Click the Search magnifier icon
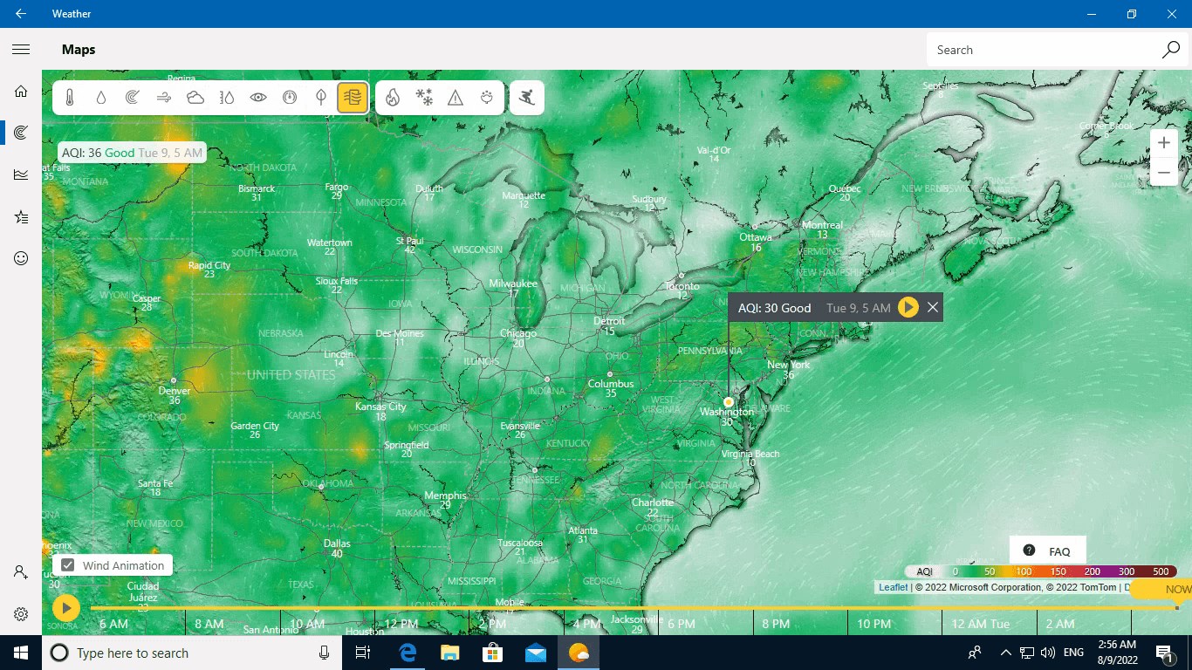[1171, 50]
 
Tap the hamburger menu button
[21, 50]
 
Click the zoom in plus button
[1163, 143]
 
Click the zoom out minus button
[1163, 173]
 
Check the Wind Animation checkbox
[68, 565]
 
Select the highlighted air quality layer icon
[353, 98]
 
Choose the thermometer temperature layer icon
[70, 98]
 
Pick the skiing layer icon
[526, 98]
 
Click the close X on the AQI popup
[933, 307]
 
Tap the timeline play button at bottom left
[66, 608]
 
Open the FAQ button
[1047, 551]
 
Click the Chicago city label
[518, 333]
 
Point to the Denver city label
[175, 391]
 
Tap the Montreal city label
[822, 225]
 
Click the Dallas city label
[337, 544]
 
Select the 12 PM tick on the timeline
[401, 624]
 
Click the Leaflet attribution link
[893, 587]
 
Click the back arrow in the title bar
[21, 14]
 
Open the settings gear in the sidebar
[21, 614]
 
